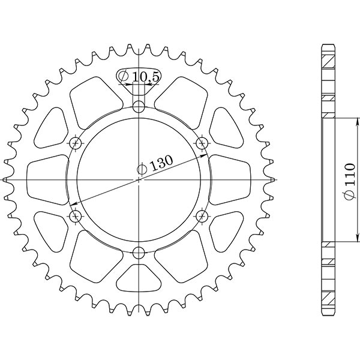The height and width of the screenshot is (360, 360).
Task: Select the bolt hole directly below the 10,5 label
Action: point(139,107)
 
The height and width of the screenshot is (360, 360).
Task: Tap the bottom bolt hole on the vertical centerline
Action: point(139,252)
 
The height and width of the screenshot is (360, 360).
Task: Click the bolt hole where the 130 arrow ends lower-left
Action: point(76,216)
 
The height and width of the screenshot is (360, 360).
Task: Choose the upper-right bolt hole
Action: point(202,143)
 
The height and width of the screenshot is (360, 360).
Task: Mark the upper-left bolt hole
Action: point(76,143)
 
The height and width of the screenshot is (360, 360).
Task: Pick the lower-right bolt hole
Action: point(202,216)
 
